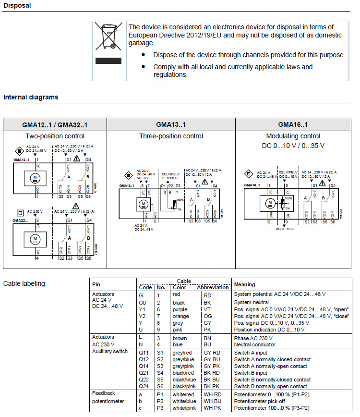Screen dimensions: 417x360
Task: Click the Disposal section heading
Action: (17, 6)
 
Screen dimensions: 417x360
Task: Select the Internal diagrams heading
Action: (31, 97)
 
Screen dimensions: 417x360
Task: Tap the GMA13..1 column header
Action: (171, 125)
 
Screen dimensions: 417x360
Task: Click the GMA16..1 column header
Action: (293, 125)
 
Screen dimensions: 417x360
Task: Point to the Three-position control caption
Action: (171, 136)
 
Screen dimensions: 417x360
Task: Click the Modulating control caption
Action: (293, 136)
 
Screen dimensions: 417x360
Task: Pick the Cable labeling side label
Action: (24, 283)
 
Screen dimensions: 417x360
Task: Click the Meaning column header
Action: (245, 284)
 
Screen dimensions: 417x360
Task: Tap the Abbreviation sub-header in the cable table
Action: (213, 287)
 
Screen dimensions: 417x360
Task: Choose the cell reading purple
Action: (180, 309)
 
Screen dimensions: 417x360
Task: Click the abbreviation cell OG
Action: (208, 316)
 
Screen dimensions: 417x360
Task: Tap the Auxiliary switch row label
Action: (110, 351)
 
